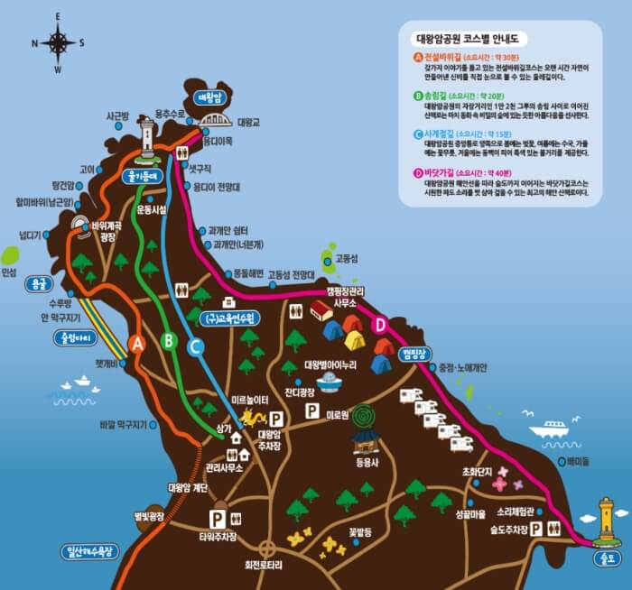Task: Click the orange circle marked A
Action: click(x=137, y=343)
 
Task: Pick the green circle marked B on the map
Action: click(x=168, y=340)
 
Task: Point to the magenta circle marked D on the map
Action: click(x=380, y=324)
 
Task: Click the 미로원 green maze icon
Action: click(x=365, y=416)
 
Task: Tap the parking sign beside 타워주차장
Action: click(x=218, y=519)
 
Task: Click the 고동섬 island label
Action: click(x=347, y=258)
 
